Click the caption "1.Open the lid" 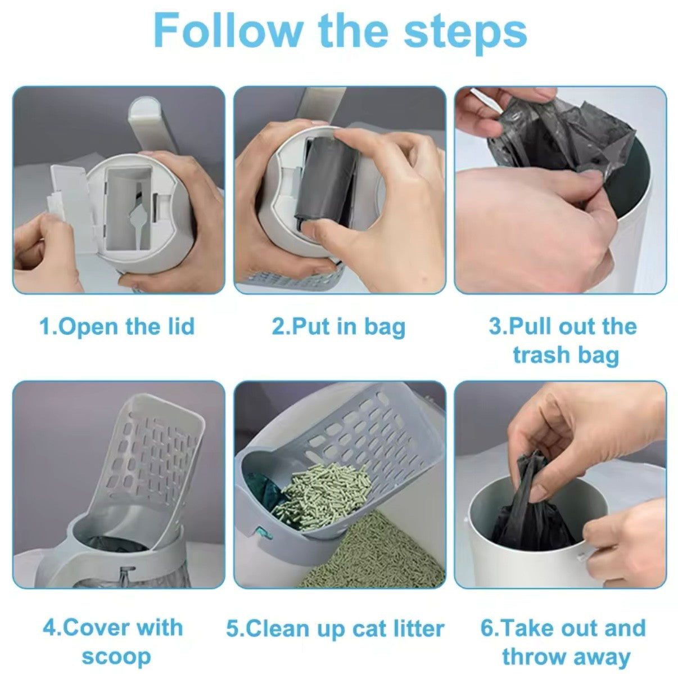[117, 326]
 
